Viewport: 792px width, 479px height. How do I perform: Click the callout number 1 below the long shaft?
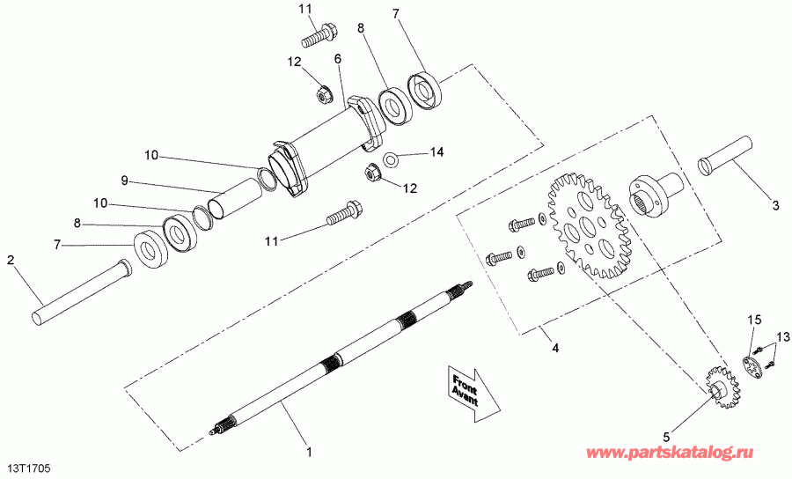pyautogui.click(x=309, y=452)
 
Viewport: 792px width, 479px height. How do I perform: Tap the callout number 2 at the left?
pyautogui.click(x=11, y=260)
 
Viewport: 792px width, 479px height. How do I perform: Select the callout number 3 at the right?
pyautogui.click(x=775, y=206)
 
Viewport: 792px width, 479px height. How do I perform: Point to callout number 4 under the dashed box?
pyautogui.click(x=555, y=347)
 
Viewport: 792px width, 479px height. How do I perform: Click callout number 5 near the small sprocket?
pyautogui.click(x=665, y=435)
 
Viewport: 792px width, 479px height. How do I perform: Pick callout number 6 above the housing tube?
pyautogui.click(x=337, y=59)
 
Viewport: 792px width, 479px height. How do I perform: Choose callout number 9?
pyautogui.click(x=126, y=181)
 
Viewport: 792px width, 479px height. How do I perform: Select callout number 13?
pyautogui.click(x=782, y=336)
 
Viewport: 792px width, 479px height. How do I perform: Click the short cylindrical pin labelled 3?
pyautogui.click(x=724, y=153)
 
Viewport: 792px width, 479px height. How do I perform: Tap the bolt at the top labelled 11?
pyautogui.click(x=317, y=38)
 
